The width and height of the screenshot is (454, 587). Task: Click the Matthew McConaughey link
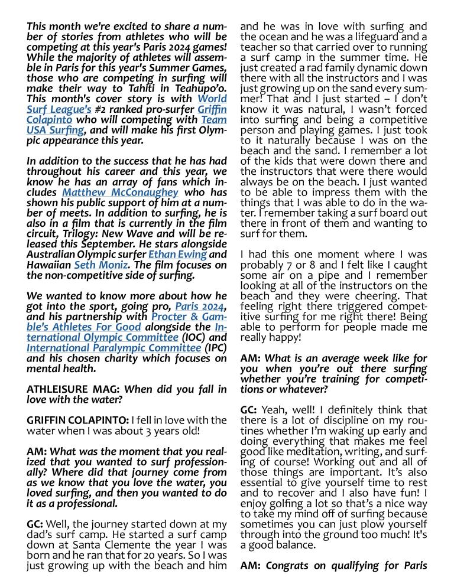click(x=120, y=193)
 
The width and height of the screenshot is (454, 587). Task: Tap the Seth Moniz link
click(x=100, y=265)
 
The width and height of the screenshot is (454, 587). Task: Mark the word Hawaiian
click(x=49, y=265)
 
